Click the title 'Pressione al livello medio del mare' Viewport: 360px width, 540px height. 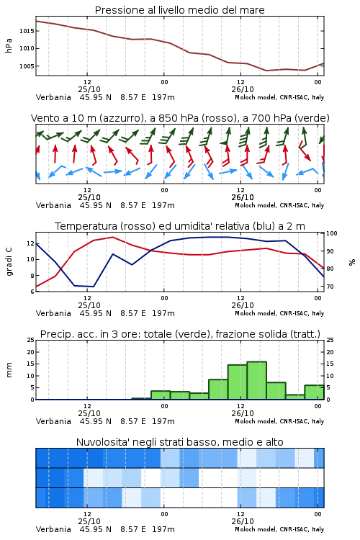click(x=179, y=10)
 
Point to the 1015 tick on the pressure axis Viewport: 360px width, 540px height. click(x=27, y=31)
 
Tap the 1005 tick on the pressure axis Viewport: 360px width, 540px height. click(x=27, y=66)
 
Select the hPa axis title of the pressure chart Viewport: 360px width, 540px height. click(x=9, y=45)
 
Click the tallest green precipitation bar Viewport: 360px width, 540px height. click(x=256, y=381)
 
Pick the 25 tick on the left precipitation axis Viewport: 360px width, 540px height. click(x=31, y=340)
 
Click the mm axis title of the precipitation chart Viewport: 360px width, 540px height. click(x=9, y=370)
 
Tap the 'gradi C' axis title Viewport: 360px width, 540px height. click(x=9, y=262)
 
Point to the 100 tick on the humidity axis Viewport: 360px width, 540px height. click(x=331, y=233)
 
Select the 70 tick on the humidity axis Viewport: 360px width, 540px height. click(x=330, y=287)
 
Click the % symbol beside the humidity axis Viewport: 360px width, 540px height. click(x=352, y=262)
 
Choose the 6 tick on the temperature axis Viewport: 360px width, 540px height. click(x=32, y=292)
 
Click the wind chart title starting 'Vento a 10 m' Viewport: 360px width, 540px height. click(x=180, y=118)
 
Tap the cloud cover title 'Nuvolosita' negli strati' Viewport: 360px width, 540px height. click(x=180, y=442)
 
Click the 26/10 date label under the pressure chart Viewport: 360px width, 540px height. click(x=243, y=89)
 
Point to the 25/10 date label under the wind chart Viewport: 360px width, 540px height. click(x=89, y=198)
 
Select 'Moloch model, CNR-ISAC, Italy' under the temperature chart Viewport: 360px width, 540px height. click(x=279, y=313)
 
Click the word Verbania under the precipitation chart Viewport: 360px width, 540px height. click(x=53, y=421)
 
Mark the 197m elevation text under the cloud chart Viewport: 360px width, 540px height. click(x=163, y=529)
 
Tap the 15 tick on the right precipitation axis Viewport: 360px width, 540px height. click(x=330, y=364)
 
